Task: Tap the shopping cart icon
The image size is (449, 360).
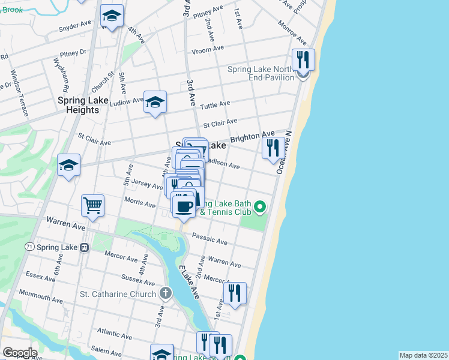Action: pos(93,206)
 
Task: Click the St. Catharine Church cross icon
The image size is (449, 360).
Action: pos(166,293)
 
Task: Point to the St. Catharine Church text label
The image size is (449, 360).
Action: pos(119,294)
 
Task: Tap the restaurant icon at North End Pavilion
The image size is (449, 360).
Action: pos(303,61)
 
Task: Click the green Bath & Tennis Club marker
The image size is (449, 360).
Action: pos(259,207)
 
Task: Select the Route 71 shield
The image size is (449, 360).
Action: pos(29,247)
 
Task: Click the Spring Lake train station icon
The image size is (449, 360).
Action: pos(85,247)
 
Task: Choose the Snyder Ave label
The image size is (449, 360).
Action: pos(74,26)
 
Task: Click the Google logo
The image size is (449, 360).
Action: pos(19,353)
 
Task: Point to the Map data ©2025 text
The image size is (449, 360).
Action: pos(423,355)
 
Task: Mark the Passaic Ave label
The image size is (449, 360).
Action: pos(209,238)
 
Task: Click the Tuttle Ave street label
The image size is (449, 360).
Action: pos(215,104)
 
